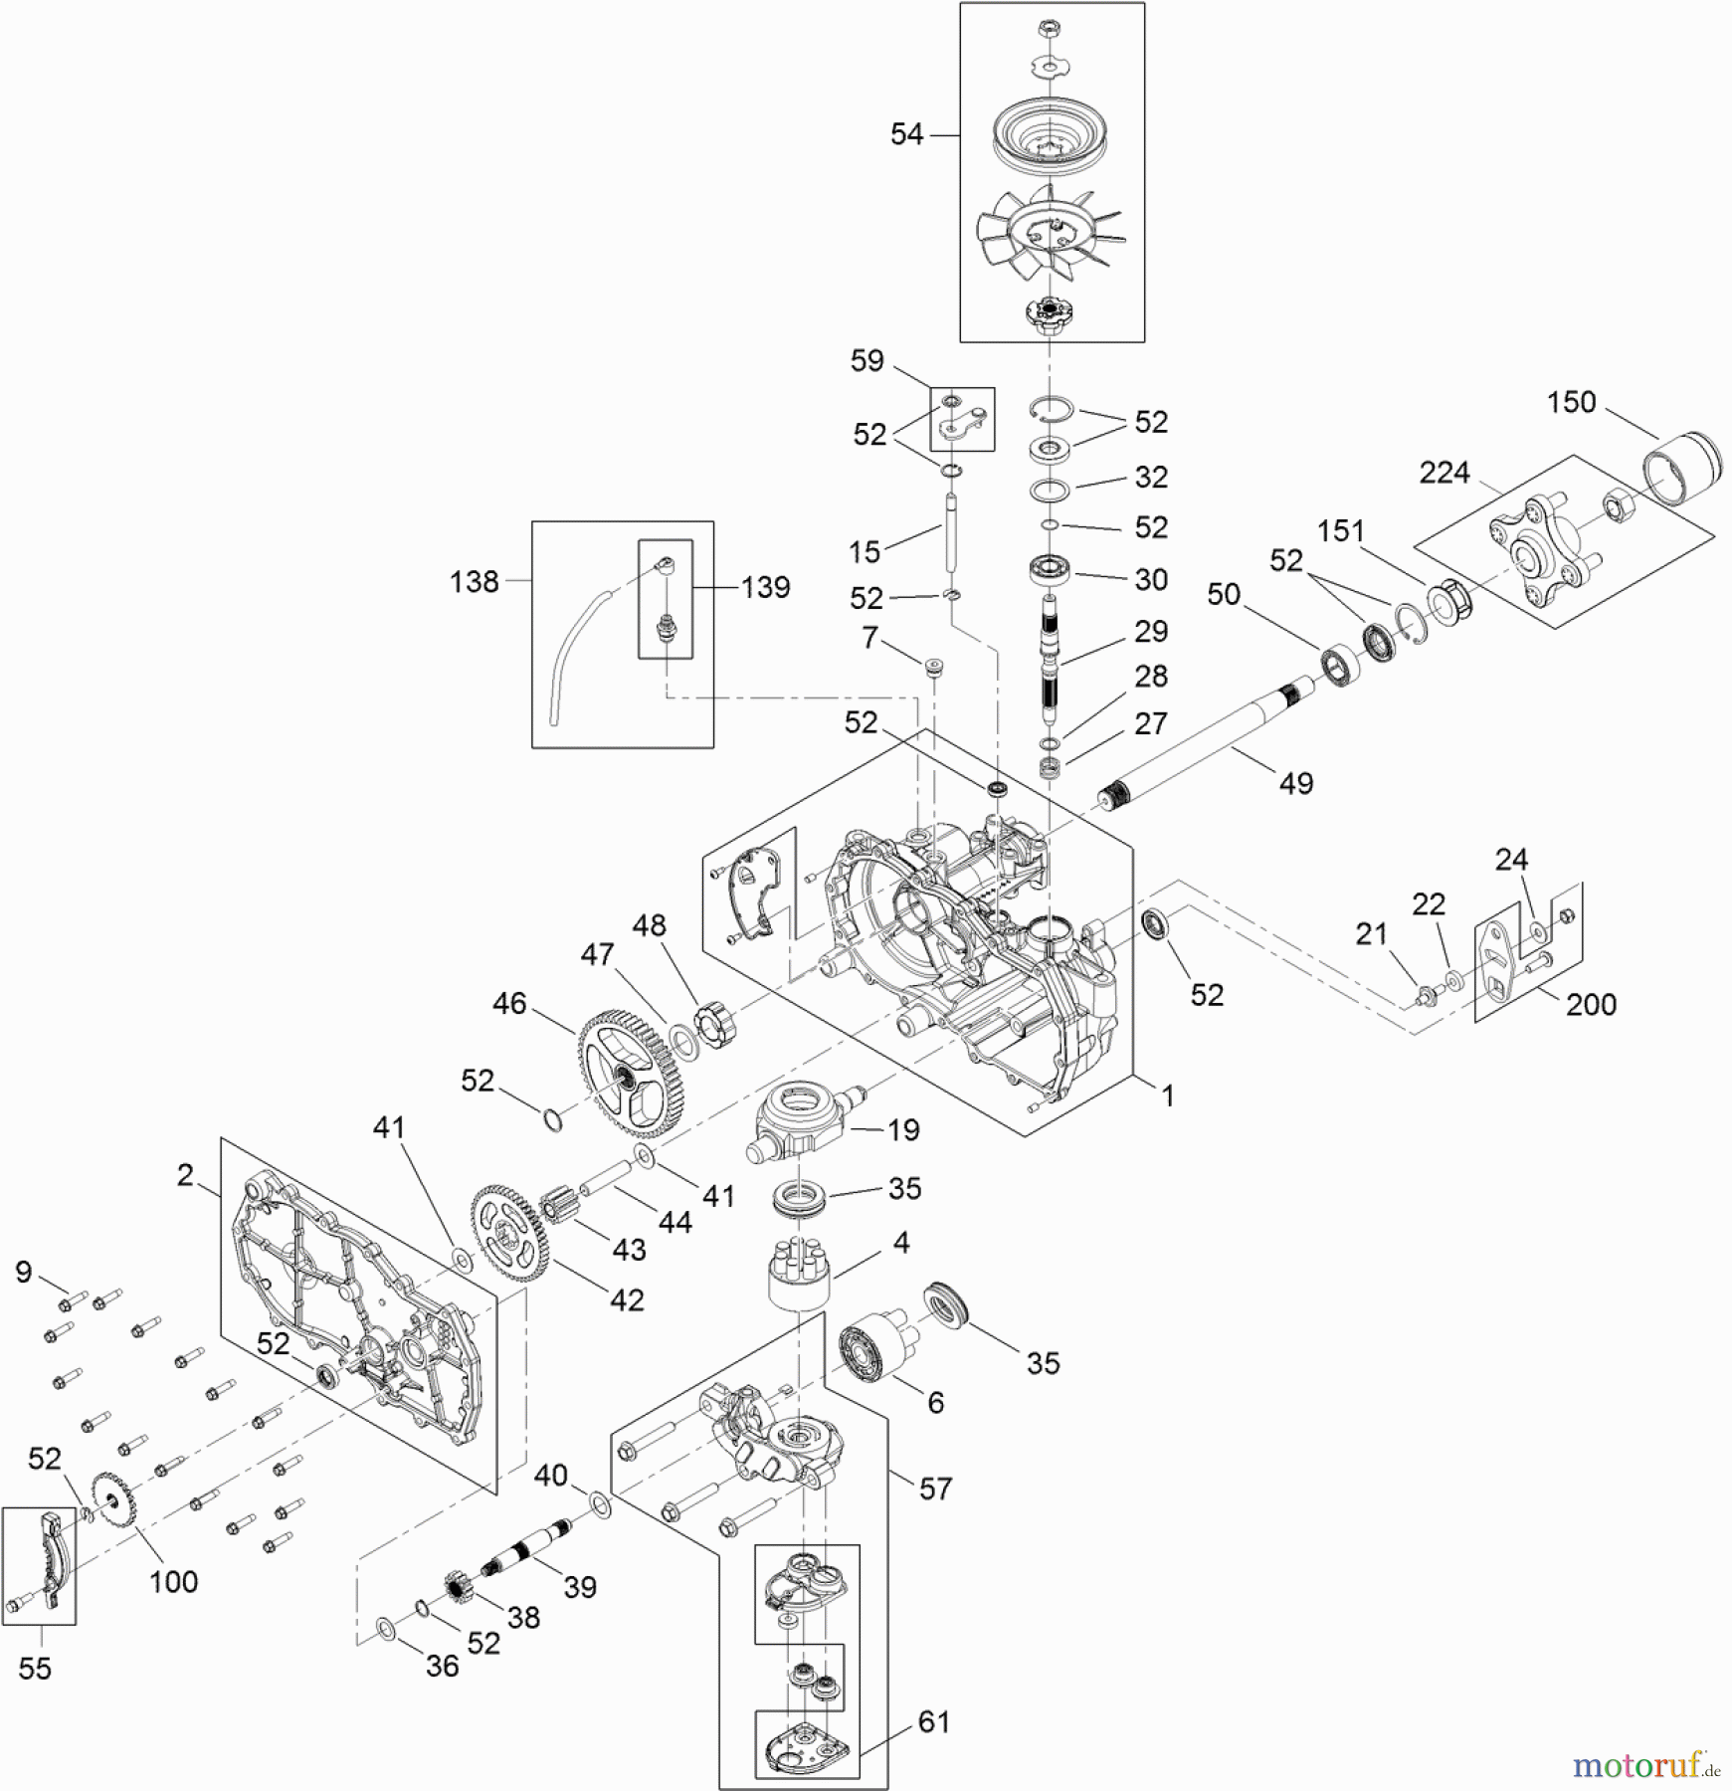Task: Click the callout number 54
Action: [906, 134]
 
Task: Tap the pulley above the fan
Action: [1052, 135]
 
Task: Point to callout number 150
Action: [1571, 402]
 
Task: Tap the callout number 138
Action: [474, 581]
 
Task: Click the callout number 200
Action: [1591, 1005]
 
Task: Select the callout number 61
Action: [933, 1721]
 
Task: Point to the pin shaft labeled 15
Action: [950, 532]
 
